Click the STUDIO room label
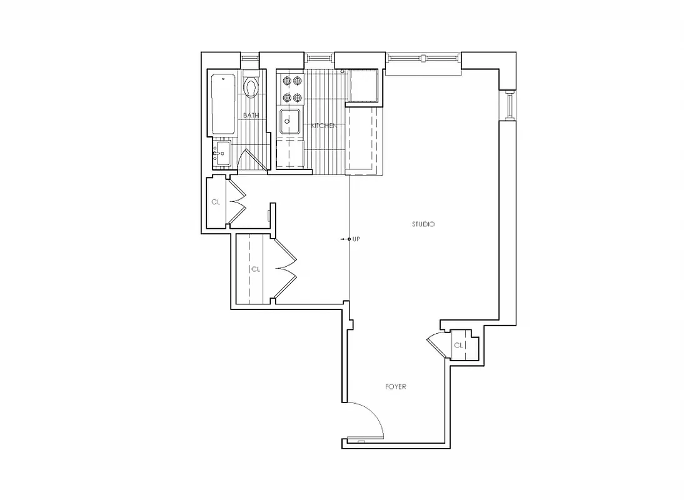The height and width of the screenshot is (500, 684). coord(423,224)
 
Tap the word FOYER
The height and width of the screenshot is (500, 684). coord(395,387)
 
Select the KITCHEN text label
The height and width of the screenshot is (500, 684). coord(324,126)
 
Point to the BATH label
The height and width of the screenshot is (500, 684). coord(251,115)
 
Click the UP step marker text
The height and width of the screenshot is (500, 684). coord(356,239)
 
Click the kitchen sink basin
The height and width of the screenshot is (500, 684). coord(289,121)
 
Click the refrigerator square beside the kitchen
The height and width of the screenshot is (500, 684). coord(363,86)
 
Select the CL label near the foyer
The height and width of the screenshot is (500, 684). coord(458,345)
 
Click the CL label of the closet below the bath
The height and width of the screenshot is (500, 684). coord(216,202)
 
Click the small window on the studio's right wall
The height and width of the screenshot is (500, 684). coord(509,104)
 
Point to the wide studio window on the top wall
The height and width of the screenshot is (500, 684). coord(423,59)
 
